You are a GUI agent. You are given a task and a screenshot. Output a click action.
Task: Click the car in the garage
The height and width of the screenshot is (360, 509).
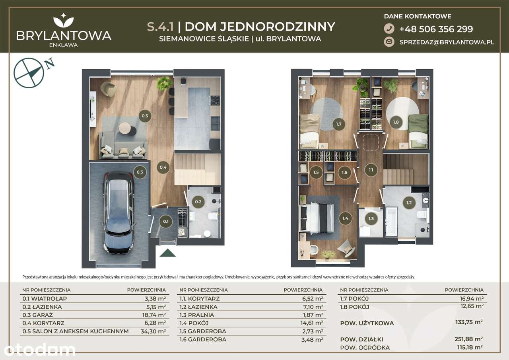[119, 212]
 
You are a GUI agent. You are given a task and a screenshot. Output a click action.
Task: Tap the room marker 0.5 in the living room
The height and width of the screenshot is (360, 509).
[145, 116]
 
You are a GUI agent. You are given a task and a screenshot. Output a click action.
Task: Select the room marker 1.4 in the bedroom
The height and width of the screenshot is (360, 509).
[345, 218]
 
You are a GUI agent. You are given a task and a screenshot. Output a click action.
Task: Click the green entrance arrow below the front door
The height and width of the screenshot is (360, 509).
[167, 253]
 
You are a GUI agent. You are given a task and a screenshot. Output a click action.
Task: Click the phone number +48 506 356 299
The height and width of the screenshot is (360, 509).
[436, 29]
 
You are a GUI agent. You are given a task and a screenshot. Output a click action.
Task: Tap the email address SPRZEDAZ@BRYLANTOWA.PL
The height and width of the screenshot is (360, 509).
[447, 42]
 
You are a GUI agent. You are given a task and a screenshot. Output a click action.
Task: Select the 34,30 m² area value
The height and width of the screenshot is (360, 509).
[153, 331]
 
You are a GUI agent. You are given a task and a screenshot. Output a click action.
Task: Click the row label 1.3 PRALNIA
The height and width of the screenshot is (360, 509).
[196, 315]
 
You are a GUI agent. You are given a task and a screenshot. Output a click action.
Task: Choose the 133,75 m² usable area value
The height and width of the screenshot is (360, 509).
[469, 322]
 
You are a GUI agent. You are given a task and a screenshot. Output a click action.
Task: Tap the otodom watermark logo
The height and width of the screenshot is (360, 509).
[39, 350]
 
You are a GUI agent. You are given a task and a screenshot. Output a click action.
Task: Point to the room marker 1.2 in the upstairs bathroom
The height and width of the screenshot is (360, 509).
[409, 202]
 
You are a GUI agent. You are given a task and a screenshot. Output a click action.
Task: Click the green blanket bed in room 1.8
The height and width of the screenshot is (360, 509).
[418, 131]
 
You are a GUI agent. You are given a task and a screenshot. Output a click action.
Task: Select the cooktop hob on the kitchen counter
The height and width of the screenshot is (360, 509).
[215, 101]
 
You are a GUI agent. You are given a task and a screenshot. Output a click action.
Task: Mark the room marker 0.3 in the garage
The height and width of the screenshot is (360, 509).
[140, 172]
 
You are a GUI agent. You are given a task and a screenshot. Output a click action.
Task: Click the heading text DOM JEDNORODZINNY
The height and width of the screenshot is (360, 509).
[260, 27]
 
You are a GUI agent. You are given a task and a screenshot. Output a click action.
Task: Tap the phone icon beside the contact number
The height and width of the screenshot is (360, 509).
[389, 29]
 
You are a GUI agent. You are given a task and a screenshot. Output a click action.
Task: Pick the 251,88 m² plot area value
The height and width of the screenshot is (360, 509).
[468, 339]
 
